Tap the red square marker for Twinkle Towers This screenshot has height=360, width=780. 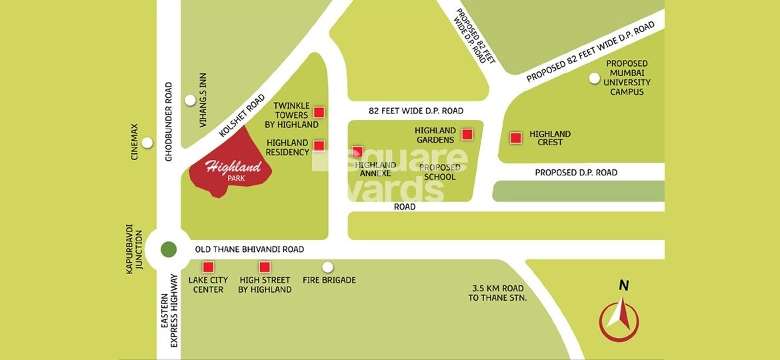point(319,112)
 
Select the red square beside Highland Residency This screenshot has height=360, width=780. point(319,145)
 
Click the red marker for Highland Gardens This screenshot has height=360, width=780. point(467,135)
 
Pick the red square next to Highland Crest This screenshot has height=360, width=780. point(515,138)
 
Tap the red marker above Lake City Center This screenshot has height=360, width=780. point(208,267)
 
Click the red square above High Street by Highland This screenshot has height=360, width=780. point(265,267)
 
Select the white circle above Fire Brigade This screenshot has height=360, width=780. point(327,267)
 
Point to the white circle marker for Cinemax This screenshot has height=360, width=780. point(147,143)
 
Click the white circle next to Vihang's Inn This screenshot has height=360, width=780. point(191,101)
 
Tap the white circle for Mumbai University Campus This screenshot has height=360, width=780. point(594,79)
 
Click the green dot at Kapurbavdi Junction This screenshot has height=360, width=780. point(169,249)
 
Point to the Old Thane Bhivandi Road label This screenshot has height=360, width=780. point(249,249)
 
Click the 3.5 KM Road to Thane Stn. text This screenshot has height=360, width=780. point(497,293)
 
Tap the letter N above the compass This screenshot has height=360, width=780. point(624,285)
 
